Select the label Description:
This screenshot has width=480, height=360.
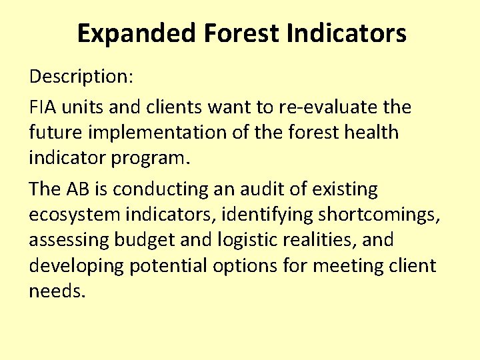point(81,76)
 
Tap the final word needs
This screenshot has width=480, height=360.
point(57,291)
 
